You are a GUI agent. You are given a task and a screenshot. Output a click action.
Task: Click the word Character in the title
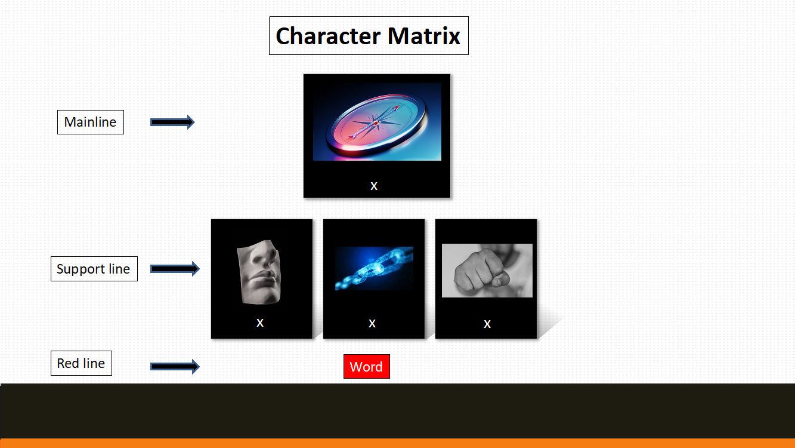(x=328, y=36)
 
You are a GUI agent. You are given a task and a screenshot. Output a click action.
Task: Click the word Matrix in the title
(x=424, y=36)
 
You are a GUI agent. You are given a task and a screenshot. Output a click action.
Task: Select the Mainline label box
(x=91, y=122)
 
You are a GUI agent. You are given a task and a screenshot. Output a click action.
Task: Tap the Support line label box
(x=94, y=269)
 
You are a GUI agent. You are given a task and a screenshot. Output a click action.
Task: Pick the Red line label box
(x=81, y=363)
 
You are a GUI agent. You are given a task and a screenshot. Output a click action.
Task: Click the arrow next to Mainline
(x=172, y=122)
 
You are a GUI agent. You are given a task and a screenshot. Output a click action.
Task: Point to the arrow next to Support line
(x=175, y=269)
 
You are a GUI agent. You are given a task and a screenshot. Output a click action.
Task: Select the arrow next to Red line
(x=175, y=367)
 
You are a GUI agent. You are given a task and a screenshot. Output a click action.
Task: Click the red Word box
(x=367, y=367)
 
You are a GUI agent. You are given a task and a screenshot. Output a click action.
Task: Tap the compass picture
(x=378, y=122)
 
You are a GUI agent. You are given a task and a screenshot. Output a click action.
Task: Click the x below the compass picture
(x=374, y=186)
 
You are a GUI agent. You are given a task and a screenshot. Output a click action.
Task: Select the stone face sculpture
(x=259, y=272)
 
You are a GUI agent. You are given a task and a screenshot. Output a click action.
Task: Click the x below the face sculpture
(x=260, y=323)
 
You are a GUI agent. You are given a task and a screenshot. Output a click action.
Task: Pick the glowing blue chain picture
(x=374, y=268)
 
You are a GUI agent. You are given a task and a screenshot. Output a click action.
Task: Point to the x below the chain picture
(x=372, y=324)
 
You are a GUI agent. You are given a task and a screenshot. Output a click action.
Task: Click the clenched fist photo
(x=487, y=270)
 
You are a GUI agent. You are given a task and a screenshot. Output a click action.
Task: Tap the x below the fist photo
(x=487, y=324)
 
